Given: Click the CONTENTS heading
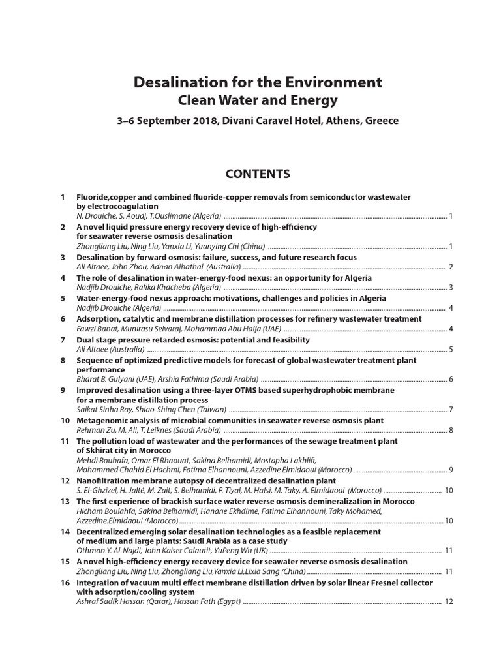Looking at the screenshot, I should [x=257, y=174].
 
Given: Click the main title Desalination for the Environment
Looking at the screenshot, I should [x=258, y=82].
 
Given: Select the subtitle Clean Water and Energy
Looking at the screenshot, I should [x=258, y=100].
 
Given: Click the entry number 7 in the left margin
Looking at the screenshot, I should [x=63, y=340].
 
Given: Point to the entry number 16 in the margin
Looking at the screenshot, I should [x=65, y=582].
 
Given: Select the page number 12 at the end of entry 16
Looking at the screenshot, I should [x=449, y=601].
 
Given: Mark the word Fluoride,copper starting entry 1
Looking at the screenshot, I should [x=106, y=196].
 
